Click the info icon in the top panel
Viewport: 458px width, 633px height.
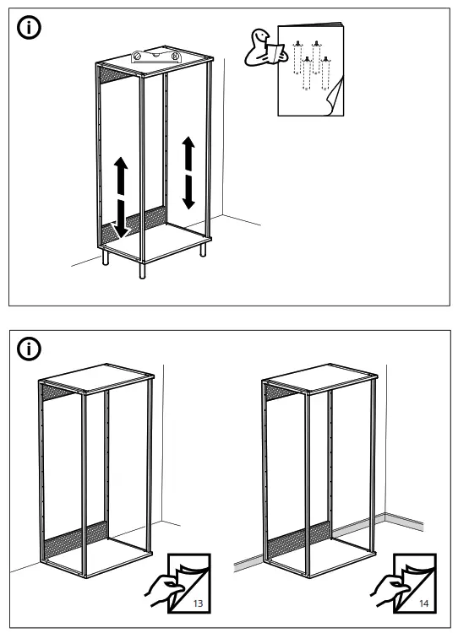(29, 30)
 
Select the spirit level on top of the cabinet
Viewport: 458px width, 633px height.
(154, 56)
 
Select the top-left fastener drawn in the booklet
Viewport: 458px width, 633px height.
(296, 43)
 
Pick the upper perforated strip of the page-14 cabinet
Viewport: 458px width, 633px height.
(281, 392)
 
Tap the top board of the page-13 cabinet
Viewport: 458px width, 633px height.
(96, 381)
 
